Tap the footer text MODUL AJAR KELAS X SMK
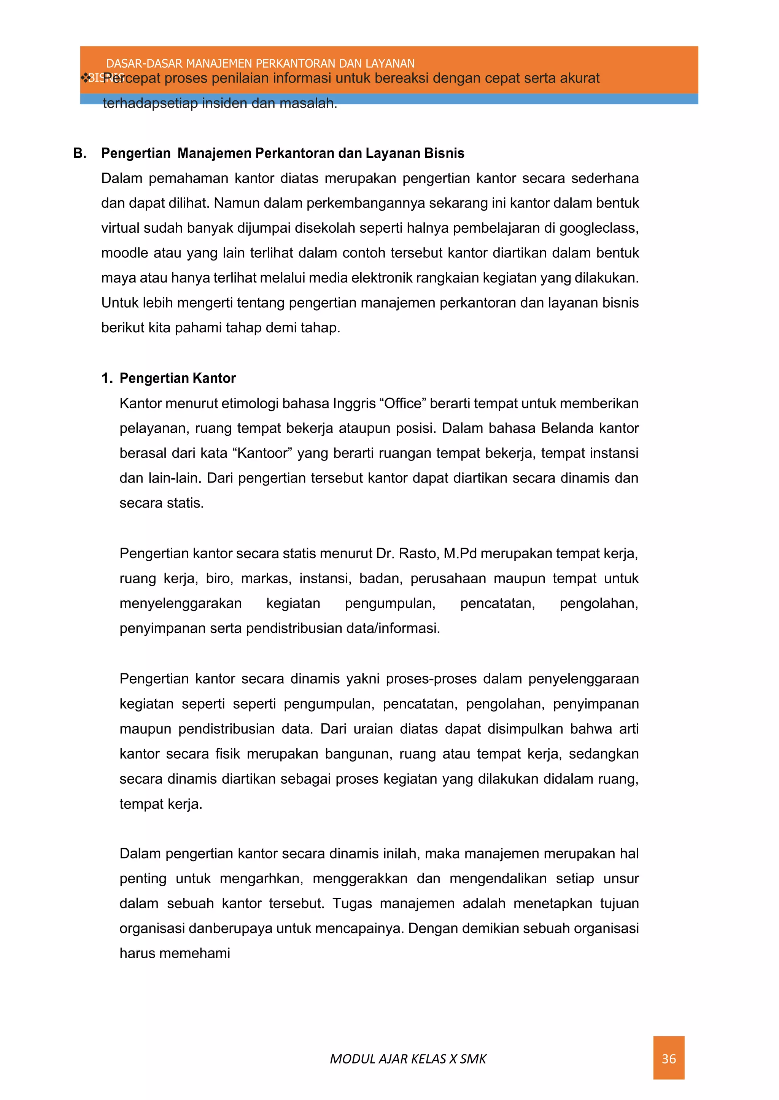[x=408, y=1059]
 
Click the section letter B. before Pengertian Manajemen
[x=79, y=154]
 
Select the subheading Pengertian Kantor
[x=178, y=378]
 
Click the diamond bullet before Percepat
[x=86, y=78]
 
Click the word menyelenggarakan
[x=180, y=603]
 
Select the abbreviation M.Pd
[x=459, y=553]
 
